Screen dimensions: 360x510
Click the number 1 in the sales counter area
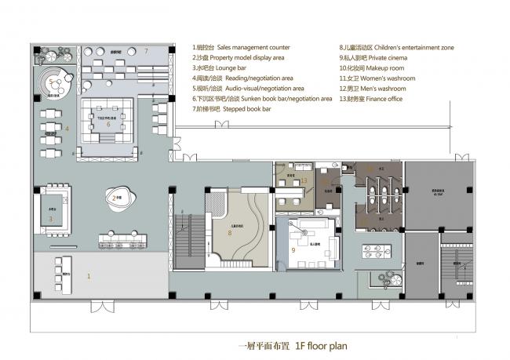click(x=88, y=276)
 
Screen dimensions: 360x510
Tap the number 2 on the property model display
click(x=115, y=198)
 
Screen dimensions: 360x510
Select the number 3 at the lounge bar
click(x=50, y=219)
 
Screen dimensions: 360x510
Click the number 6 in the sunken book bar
click(x=108, y=124)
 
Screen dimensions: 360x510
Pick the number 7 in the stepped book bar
click(x=146, y=51)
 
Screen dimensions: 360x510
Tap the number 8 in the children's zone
click(x=230, y=232)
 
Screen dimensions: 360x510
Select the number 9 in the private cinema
click(x=293, y=250)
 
